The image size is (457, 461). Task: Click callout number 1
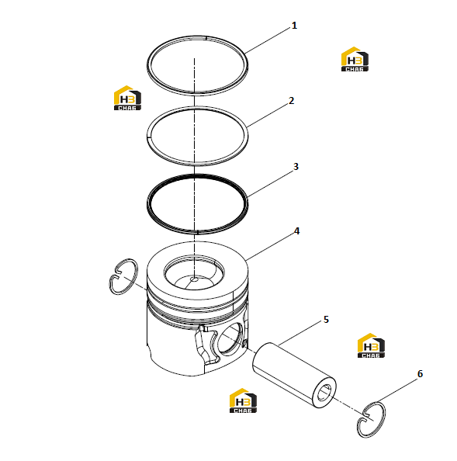pyautogui.click(x=294, y=26)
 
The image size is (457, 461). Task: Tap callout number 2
pyautogui.click(x=291, y=101)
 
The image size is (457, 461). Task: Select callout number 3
pyautogui.click(x=296, y=167)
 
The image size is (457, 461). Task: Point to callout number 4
pyautogui.click(x=297, y=231)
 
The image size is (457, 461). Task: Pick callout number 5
pyautogui.click(x=326, y=320)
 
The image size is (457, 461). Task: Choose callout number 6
pyautogui.click(x=421, y=374)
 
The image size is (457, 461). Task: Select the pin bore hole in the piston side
pyautogui.click(x=230, y=340)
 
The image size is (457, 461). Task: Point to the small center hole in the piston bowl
pyautogui.click(x=195, y=279)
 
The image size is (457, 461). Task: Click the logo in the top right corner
pyautogui.click(x=355, y=59)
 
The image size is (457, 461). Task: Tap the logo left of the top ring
pyautogui.click(x=127, y=98)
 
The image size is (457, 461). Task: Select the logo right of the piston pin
pyautogui.click(x=371, y=345)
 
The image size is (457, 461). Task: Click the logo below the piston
pyautogui.click(x=243, y=400)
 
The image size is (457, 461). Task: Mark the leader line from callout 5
pyautogui.click(x=299, y=332)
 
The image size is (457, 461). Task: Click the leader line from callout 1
pyautogui.click(x=268, y=40)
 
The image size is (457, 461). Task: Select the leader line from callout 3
pyautogui.click(x=270, y=183)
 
